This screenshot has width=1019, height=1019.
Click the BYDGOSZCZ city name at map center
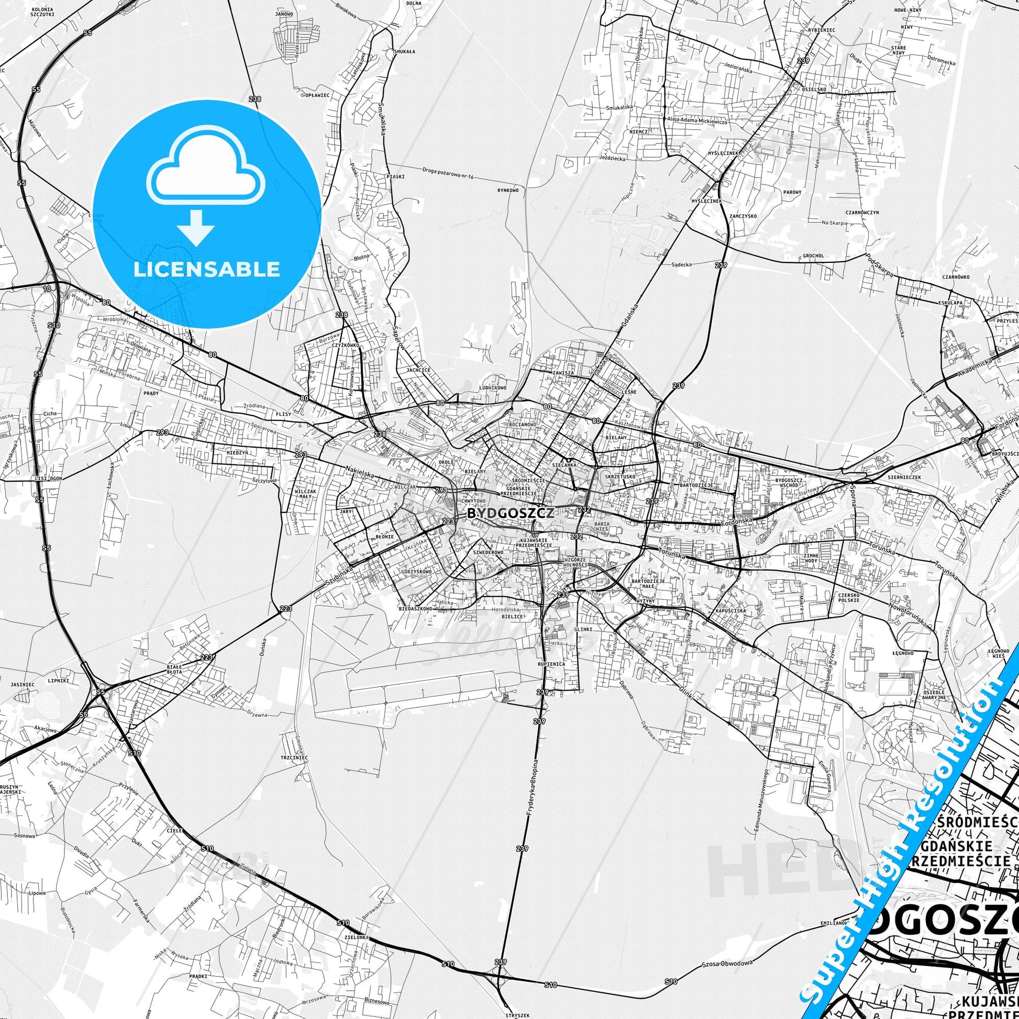point(509,513)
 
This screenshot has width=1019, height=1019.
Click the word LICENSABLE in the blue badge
point(207,269)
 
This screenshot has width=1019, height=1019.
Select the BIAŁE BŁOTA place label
point(174,669)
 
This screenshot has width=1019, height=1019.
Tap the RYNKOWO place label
point(508,191)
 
